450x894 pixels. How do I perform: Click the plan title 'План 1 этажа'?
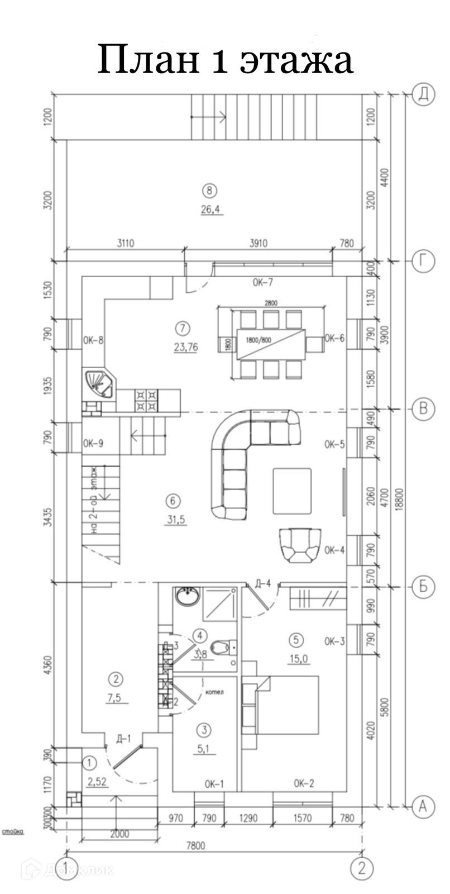(225, 59)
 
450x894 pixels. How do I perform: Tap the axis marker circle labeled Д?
(424, 95)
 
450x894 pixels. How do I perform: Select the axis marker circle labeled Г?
(424, 260)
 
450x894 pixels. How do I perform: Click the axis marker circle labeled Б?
(424, 586)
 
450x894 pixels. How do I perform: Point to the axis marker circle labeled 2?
(362, 868)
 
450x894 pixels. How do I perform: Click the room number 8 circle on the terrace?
(209, 191)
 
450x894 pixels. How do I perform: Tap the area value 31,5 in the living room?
(175, 520)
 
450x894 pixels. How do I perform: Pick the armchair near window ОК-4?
(300, 545)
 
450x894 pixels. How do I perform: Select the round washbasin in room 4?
(187, 596)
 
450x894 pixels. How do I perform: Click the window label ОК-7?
(262, 282)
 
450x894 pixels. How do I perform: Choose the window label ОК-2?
(304, 784)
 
